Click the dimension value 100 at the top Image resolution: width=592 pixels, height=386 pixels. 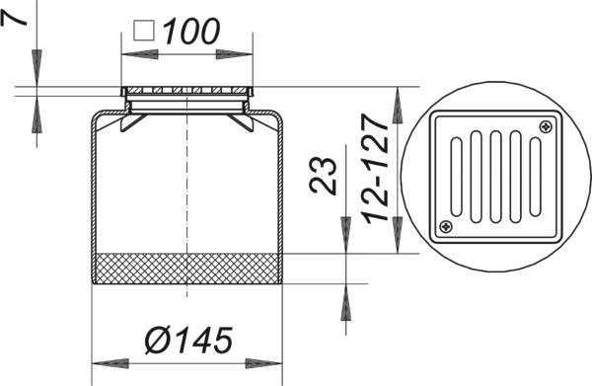click(x=190, y=31)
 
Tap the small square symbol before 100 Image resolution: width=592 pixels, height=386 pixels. click(x=144, y=31)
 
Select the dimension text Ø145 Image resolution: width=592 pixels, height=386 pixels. click(x=188, y=341)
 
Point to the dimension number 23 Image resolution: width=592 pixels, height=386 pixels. click(x=323, y=176)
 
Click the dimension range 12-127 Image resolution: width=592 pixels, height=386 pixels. click(x=375, y=169)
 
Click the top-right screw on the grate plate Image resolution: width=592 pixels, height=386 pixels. click(x=546, y=126)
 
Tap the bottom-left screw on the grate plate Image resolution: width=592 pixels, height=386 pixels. click(x=446, y=227)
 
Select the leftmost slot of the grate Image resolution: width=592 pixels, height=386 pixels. click(x=456, y=177)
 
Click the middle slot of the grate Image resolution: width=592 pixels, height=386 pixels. click(x=495, y=177)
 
